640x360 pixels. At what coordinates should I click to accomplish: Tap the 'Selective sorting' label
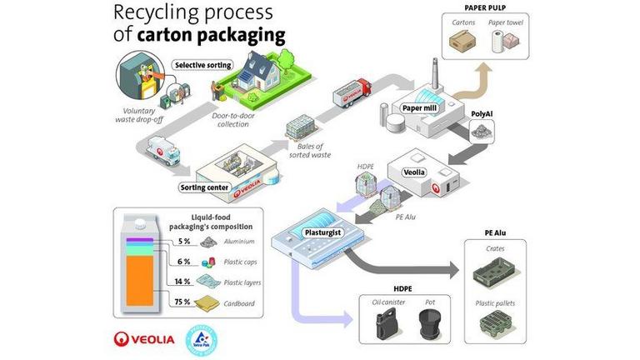[203, 64]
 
